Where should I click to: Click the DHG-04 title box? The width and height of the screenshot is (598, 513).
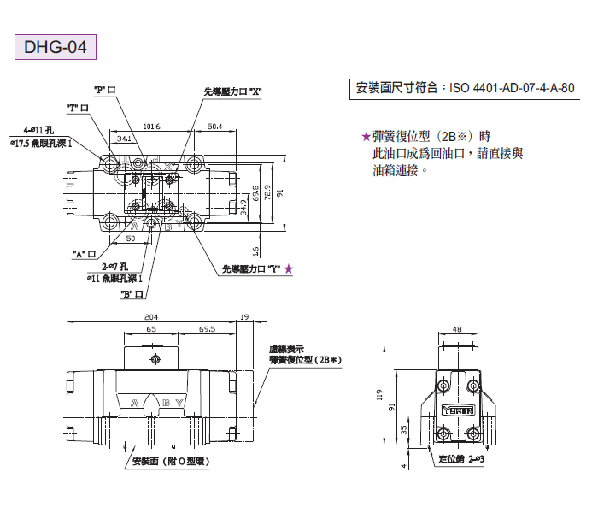click(55, 45)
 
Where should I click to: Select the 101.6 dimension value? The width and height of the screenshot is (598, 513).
click(152, 127)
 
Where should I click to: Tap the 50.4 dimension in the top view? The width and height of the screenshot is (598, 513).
click(214, 127)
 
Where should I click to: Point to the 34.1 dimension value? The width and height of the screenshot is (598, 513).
click(124, 138)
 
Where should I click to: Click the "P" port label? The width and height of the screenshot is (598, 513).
click(104, 89)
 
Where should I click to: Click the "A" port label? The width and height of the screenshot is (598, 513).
click(83, 253)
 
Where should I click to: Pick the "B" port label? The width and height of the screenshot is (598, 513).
click(131, 293)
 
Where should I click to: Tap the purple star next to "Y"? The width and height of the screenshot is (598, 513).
click(289, 268)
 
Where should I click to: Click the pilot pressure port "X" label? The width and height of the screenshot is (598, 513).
click(232, 91)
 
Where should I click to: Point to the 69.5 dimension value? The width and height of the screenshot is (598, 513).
click(207, 328)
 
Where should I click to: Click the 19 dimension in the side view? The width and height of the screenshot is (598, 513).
click(245, 315)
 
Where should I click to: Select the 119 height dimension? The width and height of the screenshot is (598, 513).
click(378, 396)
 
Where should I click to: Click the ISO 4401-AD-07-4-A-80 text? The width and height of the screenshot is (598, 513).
click(465, 87)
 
